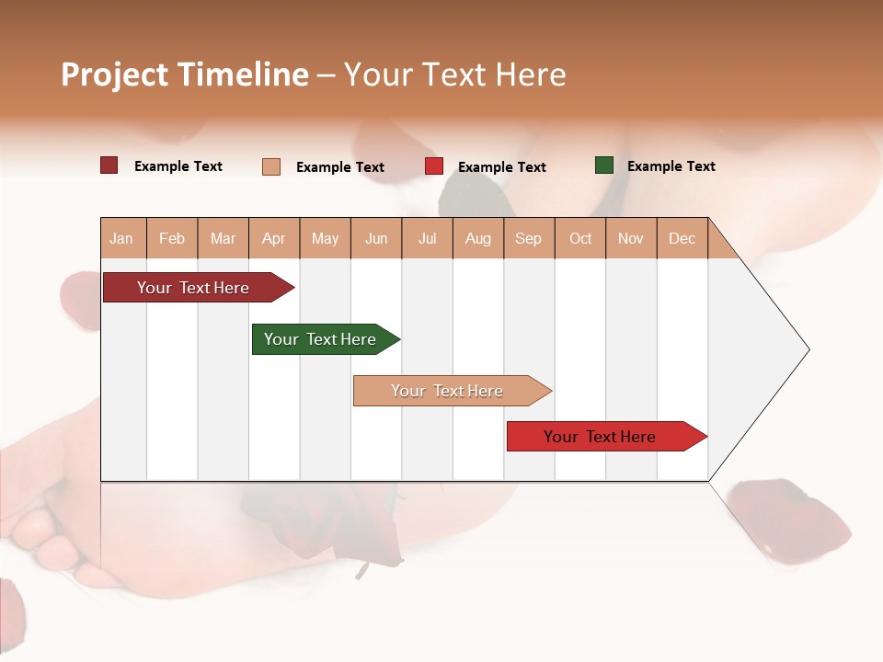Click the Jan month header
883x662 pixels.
point(122,238)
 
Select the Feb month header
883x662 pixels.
point(172,238)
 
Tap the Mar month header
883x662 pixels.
point(223,238)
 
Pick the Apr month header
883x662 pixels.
point(274,238)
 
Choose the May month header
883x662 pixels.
point(325,238)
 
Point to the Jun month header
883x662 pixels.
point(376,238)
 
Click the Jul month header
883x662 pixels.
point(427,238)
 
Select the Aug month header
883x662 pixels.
point(478,238)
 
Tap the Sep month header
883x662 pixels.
point(529,238)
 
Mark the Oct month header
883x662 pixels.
point(580,238)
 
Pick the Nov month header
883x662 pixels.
point(631,238)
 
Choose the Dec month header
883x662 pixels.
point(682,238)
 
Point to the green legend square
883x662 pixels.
point(604,165)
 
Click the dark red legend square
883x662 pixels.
point(109,165)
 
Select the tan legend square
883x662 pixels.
point(271,166)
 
